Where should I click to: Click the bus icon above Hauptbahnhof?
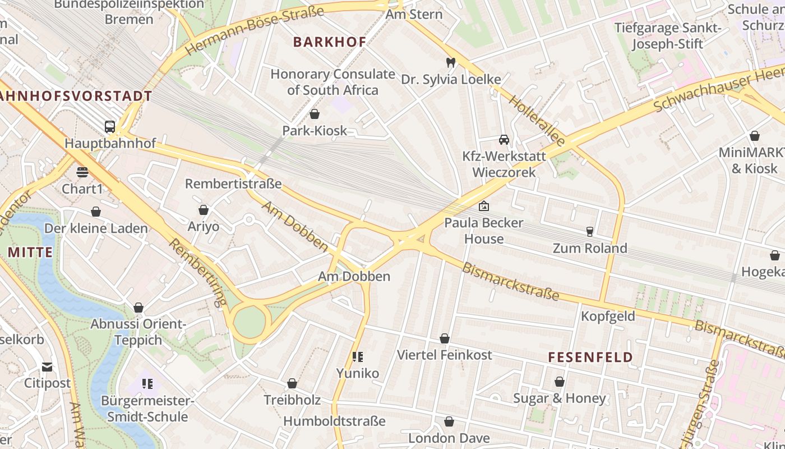click(x=110, y=126)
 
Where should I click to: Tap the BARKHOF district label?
click(x=330, y=42)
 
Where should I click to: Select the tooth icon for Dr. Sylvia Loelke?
click(x=450, y=62)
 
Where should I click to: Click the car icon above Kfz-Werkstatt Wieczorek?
click(x=504, y=139)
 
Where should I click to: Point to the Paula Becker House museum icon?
click(x=483, y=207)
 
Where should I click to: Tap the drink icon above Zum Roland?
click(x=589, y=231)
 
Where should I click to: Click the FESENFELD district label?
click(x=590, y=357)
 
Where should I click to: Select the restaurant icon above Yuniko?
click(x=357, y=356)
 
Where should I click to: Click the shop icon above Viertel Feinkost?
click(x=444, y=338)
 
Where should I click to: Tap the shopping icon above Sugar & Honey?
click(x=559, y=382)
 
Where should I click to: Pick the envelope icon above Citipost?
click(x=47, y=367)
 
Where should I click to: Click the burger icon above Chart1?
click(x=82, y=172)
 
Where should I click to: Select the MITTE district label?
click(x=30, y=252)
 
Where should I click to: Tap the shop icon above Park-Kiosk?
click(x=314, y=114)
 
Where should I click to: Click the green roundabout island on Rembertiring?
click(x=249, y=323)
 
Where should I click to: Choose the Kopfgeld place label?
click(x=608, y=316)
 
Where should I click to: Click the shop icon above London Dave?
click(x=449, y=421)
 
